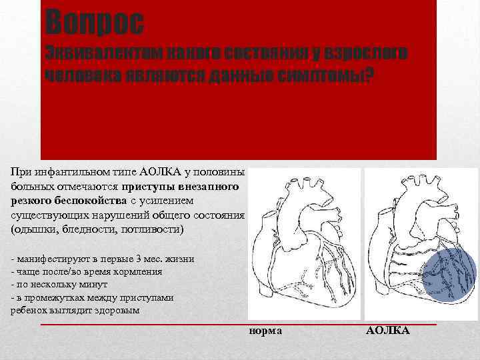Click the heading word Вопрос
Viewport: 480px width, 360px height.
tap(94, 23)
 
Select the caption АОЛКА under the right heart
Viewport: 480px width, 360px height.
tap(388, 331)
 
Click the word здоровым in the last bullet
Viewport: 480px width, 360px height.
tap(118, 311)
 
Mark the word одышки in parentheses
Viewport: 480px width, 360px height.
tap(30, 229)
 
